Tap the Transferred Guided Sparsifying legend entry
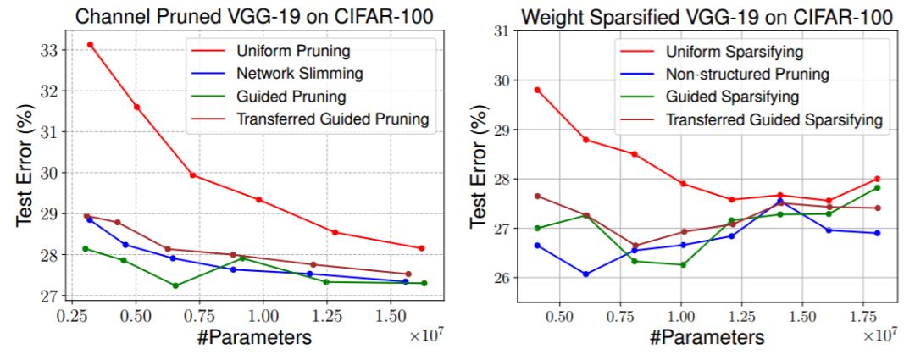coord(774,119)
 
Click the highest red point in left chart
coord(90,44)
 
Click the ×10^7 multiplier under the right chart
coord(879,335)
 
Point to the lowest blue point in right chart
coord(585,274)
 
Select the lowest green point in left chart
coord(175,285)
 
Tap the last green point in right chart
coord(878,187)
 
